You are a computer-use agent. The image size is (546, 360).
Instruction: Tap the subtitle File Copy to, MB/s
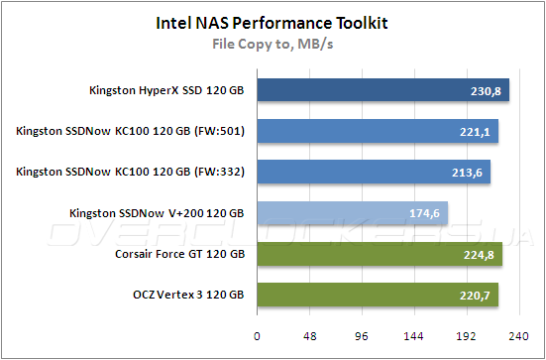272,43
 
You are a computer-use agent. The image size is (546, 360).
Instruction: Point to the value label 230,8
486,92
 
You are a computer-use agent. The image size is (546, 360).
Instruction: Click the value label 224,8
480,255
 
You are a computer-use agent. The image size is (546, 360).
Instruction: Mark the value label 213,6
468,174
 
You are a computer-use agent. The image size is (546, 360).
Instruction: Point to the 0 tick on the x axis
257,336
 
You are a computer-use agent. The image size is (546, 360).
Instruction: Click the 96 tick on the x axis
363,336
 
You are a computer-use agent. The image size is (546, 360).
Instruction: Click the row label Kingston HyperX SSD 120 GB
166,91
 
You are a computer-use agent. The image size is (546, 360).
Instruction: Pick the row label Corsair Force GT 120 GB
178,254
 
